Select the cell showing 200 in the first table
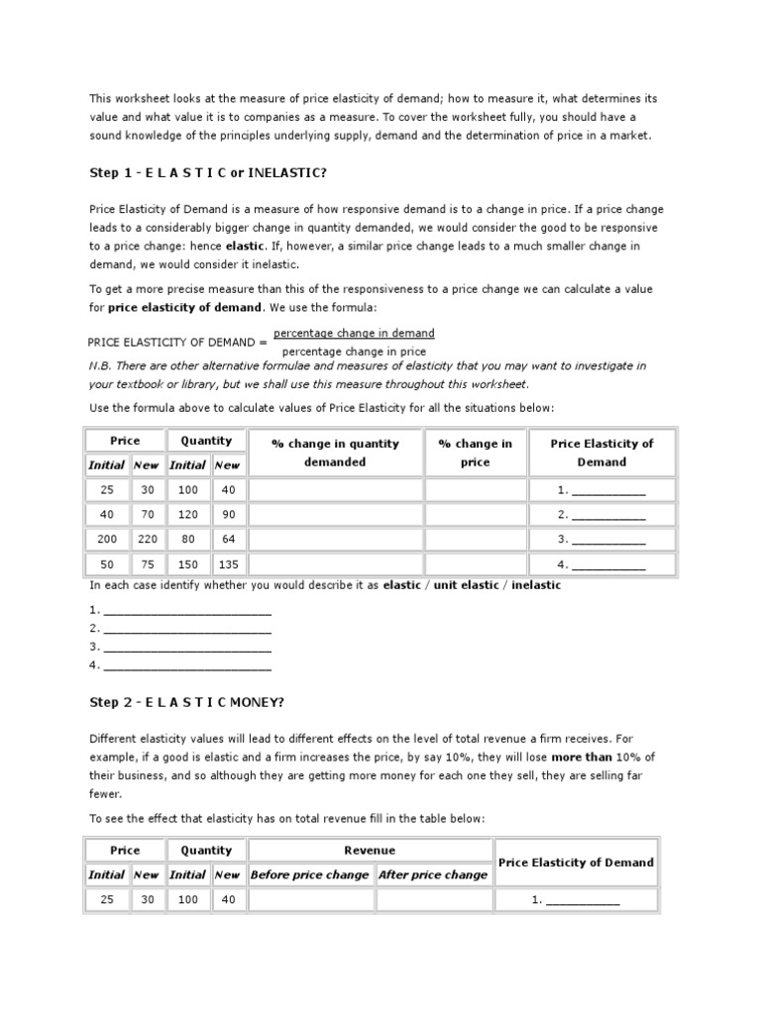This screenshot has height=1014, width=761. (106, 540)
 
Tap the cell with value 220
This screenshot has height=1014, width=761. (146, 540)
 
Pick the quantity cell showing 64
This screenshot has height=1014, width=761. (227, 540)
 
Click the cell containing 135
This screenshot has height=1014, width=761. (227, 564)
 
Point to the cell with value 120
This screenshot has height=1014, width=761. (187, 515)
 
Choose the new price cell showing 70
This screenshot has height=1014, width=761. (146, 515)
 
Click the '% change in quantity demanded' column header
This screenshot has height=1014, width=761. (335, 453)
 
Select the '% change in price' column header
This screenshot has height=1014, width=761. (476, 453)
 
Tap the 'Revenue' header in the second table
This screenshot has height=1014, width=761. (370, 850)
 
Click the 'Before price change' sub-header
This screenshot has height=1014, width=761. (309, 874)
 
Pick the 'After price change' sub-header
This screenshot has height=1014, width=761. (433, 874)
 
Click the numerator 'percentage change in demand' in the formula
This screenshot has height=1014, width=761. (354, 334)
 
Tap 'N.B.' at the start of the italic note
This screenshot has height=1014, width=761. (101, 365)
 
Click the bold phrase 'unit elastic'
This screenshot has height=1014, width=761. (469, 585)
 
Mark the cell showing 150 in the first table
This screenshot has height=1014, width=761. (187, 564)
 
